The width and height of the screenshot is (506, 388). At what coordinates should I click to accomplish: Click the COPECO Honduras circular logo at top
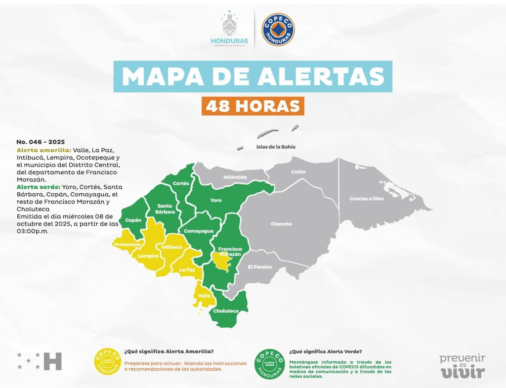coord(278,30)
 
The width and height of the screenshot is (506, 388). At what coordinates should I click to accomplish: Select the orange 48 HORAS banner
coord(253,105)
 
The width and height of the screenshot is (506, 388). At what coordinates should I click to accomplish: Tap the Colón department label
coord(298,172)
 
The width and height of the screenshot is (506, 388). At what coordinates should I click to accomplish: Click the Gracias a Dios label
coord(366,198)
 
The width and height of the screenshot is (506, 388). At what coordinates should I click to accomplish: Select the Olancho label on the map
coord(281,224)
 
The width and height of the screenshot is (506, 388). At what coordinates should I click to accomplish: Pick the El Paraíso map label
coord(260,267)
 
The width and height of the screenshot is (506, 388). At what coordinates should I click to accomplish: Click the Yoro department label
coord(216,200)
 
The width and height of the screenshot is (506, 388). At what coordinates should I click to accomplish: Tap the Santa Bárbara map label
coord(164,209)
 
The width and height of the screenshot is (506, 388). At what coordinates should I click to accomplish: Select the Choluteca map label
coord(225,311)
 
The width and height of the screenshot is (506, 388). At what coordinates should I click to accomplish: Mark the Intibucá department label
coord(172,246)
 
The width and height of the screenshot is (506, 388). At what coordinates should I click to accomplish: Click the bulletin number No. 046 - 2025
coord(41,141)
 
